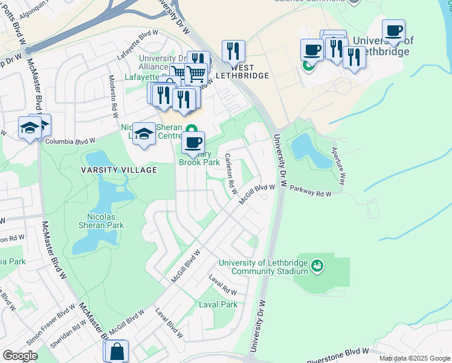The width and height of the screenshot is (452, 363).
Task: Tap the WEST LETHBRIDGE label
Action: pos(241,71)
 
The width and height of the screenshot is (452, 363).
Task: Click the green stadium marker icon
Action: pos(316,265)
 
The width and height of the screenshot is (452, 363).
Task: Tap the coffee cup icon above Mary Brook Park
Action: pos(193,143)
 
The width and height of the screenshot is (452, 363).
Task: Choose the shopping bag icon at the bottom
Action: pos(116,351)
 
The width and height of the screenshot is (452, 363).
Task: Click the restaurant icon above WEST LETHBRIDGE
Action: pos(233,51)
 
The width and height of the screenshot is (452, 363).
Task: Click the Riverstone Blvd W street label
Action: pos(337,356)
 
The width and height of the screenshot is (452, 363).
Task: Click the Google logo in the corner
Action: pos(19,356)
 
